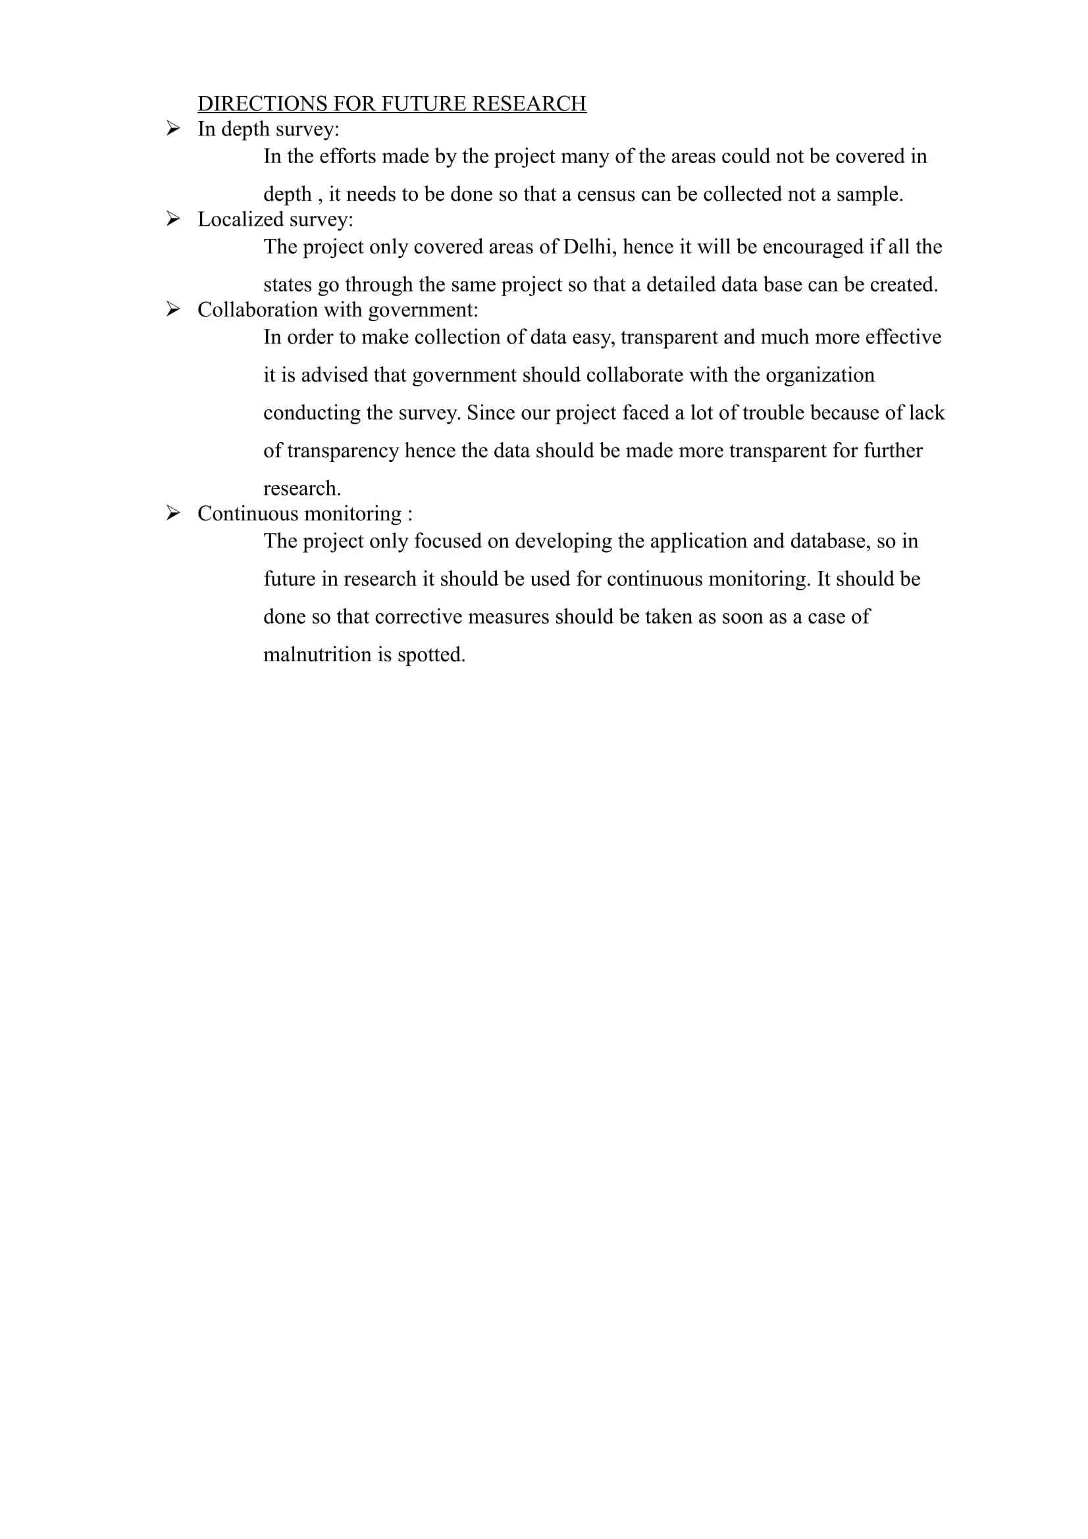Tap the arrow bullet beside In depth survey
tap(173, 128)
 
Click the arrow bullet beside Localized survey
tap(173, 218)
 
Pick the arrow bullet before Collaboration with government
tap(173, 309)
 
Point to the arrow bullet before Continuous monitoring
tap(173, 513)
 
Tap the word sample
tap(869, 194)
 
